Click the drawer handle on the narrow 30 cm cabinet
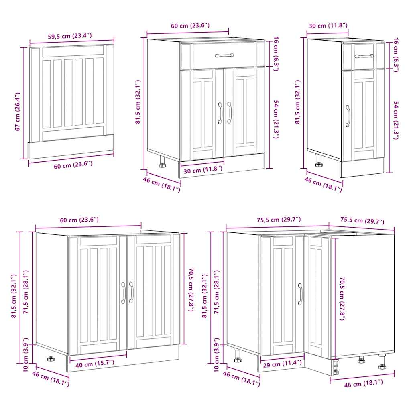coord(364,56)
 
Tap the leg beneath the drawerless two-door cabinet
coord(51,356)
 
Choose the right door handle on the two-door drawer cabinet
coord(229,112)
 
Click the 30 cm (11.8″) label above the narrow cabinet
coord(328,26)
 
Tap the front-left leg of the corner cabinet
coord(238,355)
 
